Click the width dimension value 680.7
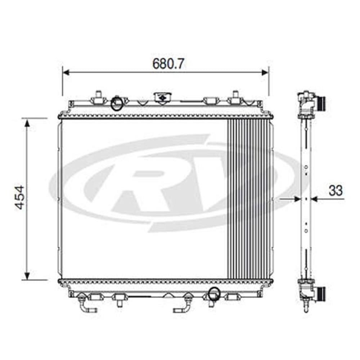(x=168, y=64)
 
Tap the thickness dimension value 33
(x=336, y=191)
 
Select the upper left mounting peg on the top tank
(x=98, y=96)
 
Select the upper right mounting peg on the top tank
(x=235, y=96)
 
